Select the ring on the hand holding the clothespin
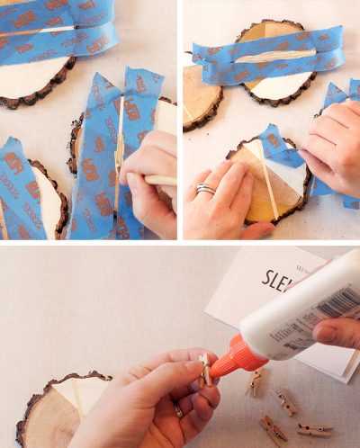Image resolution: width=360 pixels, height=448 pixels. [x=178, y=411]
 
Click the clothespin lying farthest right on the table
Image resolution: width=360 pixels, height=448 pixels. [x=314, y=429]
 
